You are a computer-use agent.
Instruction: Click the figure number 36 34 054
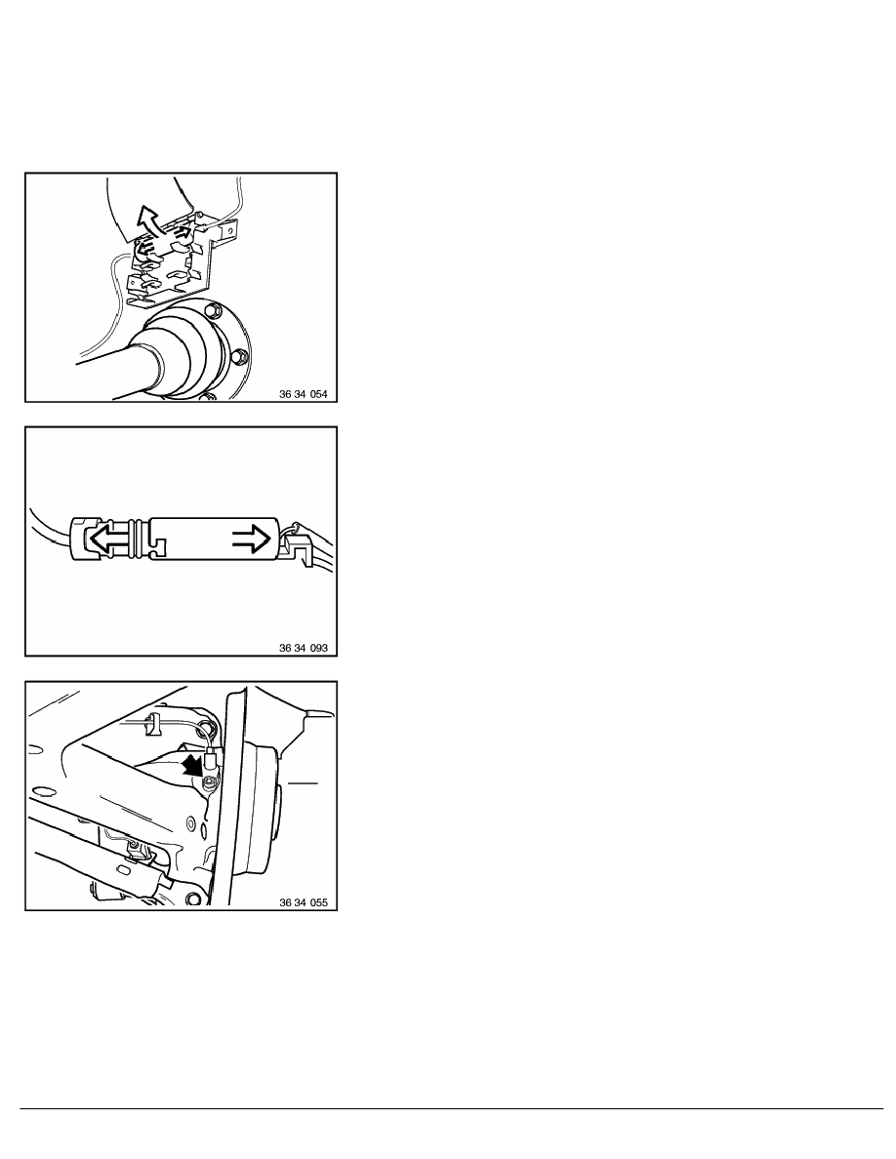304,394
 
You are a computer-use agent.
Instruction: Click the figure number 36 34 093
304,648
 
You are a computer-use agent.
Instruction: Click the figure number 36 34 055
304,902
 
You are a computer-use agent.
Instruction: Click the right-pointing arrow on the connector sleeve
253,540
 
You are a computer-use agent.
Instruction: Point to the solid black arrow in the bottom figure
191,764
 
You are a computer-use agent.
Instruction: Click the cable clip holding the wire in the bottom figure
154,724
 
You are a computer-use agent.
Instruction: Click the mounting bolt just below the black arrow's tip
209,783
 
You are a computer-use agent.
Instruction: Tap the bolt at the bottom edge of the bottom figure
193,899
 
